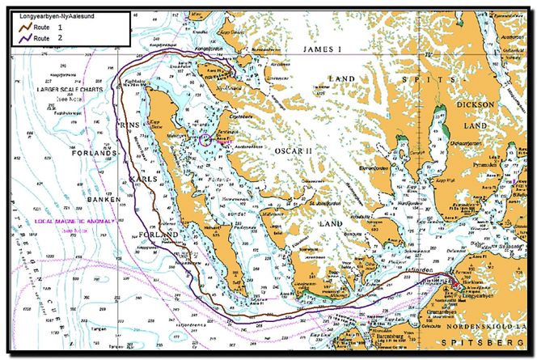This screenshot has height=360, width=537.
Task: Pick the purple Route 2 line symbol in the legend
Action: pos(28,37)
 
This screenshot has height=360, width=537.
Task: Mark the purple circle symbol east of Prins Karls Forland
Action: pos(204,140)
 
